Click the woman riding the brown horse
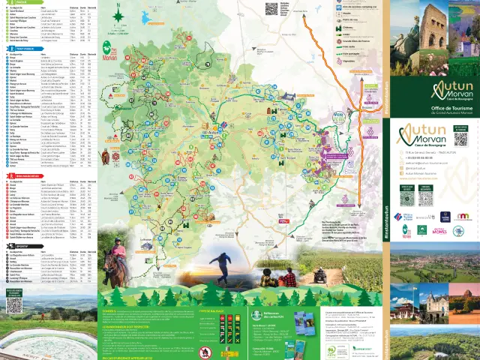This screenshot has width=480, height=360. point(116,259)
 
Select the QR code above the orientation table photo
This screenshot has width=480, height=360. point(14,304)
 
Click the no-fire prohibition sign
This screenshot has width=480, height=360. point(207,349)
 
